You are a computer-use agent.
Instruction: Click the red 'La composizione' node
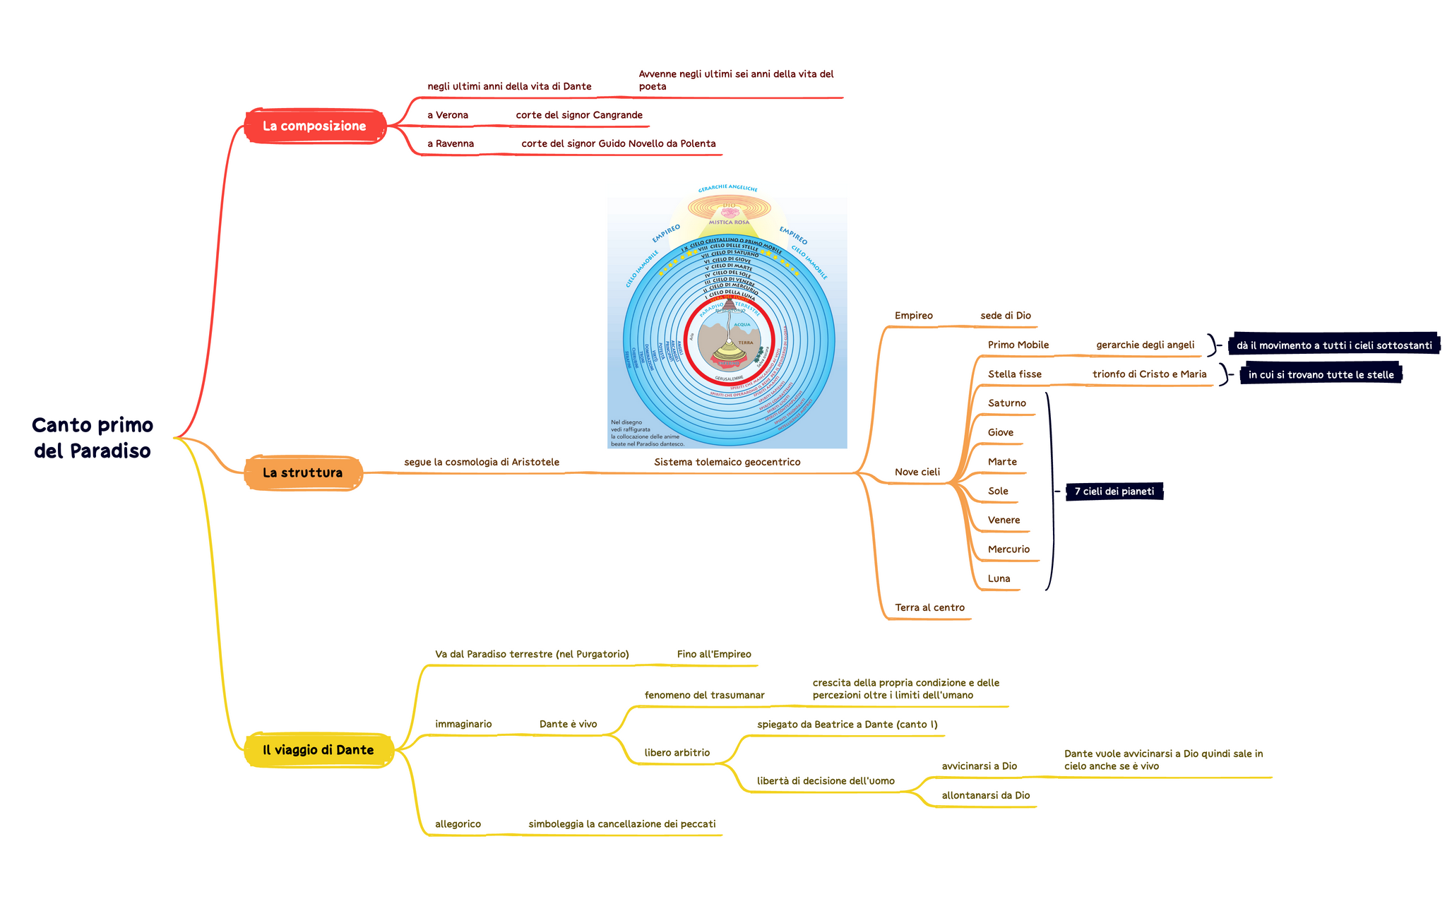(314, 126)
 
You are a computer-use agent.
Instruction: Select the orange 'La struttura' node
(302, 473)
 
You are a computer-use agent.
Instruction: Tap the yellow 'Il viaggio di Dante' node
(318, 750)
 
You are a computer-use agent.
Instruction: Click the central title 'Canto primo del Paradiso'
(93, 438)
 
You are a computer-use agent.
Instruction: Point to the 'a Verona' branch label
(447, 115)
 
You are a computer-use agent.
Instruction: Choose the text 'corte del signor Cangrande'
(578, 115)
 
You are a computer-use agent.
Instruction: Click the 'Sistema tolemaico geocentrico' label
(727, 463)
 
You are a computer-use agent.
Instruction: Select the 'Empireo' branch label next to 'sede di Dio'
(913, 316)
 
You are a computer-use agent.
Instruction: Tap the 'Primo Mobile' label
(1018, 345)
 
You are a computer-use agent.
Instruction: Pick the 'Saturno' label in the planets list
(1006, 403)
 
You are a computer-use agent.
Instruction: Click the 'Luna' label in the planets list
(999, 578)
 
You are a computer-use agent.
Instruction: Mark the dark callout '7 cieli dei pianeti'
(1114, 492)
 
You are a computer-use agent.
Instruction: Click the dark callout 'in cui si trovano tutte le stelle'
(1321, 375)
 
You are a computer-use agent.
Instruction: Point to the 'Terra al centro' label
(929, 607)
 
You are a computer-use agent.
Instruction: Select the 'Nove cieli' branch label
(917, 472)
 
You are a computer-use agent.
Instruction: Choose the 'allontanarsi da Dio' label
(985, 795)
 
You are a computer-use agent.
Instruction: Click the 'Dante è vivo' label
(568, 724)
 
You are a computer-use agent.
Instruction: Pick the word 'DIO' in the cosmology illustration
(729, 206)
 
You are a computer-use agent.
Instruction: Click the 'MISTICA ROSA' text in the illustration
(729, 222)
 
